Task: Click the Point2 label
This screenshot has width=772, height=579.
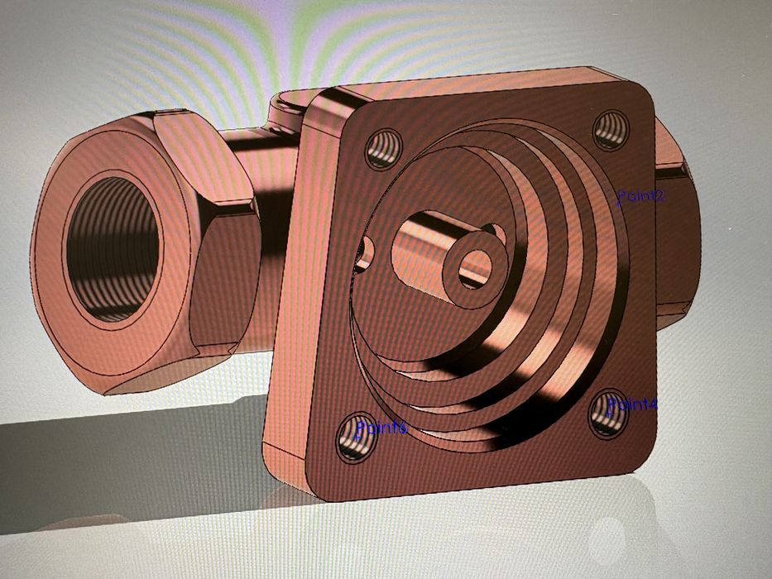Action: pos(641,196)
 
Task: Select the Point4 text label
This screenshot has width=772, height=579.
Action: pos(633,405)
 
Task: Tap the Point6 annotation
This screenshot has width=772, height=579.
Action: pos(381,428)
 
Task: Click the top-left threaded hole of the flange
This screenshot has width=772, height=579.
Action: pos(384,150)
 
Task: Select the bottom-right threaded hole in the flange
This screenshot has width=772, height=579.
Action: pos(608,414)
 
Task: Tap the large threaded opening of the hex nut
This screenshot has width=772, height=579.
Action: pos(113,248)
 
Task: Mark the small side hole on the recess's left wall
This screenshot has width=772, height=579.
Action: pos(364,251)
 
